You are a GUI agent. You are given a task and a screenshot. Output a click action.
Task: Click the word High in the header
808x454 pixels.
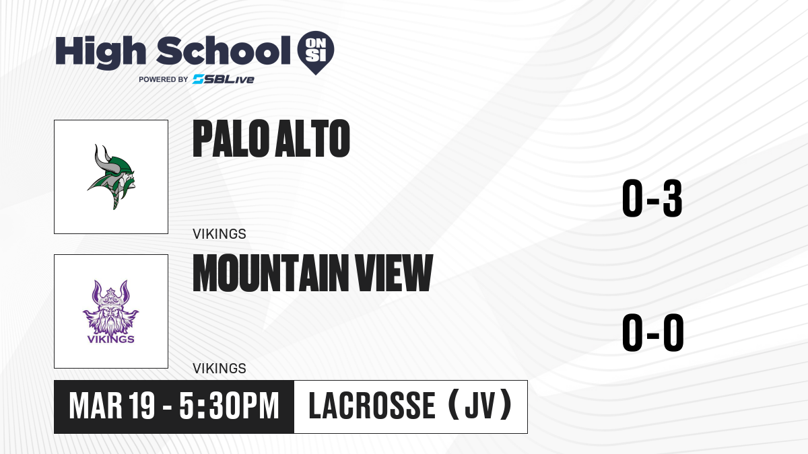tap(100, 52)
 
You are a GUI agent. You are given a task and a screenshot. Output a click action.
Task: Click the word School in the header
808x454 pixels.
tap(224, 50)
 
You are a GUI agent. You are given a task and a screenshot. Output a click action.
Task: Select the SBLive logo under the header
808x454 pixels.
tap(224, 79)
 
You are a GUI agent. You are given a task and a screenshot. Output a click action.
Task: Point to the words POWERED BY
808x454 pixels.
tap(164, 79)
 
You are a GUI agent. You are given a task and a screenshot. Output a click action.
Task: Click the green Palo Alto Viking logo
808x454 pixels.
tap(112, 176)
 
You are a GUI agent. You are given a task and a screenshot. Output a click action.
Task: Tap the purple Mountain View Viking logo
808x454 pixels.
tap(110, 312)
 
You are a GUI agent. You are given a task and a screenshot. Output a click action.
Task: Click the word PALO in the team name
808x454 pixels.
tap(231, 139)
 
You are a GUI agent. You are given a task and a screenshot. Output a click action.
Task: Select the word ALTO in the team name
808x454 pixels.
tap(312, 139)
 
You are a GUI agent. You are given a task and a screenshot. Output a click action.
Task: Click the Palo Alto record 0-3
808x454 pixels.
tap(652, 198)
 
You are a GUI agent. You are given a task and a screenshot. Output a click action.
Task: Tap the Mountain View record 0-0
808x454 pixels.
tap(653, 332)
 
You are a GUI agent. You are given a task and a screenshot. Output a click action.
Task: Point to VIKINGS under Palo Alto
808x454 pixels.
tap(220, 234)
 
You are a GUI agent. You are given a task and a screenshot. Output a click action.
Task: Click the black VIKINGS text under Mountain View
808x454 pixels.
tap(220, 369)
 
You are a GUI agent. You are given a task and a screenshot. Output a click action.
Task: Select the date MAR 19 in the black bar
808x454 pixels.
tap(112, 406)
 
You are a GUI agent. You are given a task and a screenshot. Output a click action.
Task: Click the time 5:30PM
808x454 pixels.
tap(229, 406)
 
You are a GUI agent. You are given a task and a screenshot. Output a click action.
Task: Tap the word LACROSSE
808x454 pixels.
tap(372, 406)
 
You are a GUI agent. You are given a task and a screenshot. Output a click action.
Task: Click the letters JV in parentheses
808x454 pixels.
tap(479, 406)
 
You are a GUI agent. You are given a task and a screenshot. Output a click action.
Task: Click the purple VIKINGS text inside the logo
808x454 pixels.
tap(110, 339)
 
